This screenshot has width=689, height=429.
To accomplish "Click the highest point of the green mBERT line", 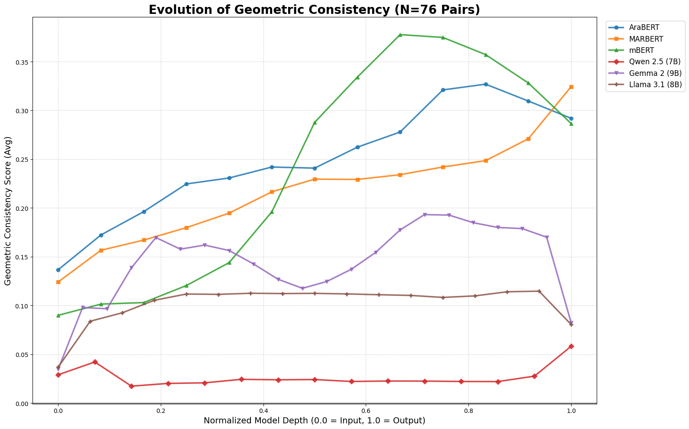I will click(x=400, y=35).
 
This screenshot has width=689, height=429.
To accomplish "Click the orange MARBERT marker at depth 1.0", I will click(x=571, y=87).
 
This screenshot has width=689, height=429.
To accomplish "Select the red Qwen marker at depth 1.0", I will click(x=571, y=346).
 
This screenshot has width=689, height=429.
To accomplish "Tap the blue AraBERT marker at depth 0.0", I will click(x=58, y=270).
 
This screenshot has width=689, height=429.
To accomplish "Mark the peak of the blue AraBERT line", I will click(x=486, y=84).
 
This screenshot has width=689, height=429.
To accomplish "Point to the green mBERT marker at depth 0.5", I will click(x=315, y=122).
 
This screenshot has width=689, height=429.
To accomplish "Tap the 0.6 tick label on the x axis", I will click(x=366, y=410).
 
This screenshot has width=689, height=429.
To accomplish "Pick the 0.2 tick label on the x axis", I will click(x=161, y=410).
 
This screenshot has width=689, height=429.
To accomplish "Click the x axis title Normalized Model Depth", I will click(x=315, y=421).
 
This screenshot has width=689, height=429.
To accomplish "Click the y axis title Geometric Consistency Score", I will click(x=8, y=210).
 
